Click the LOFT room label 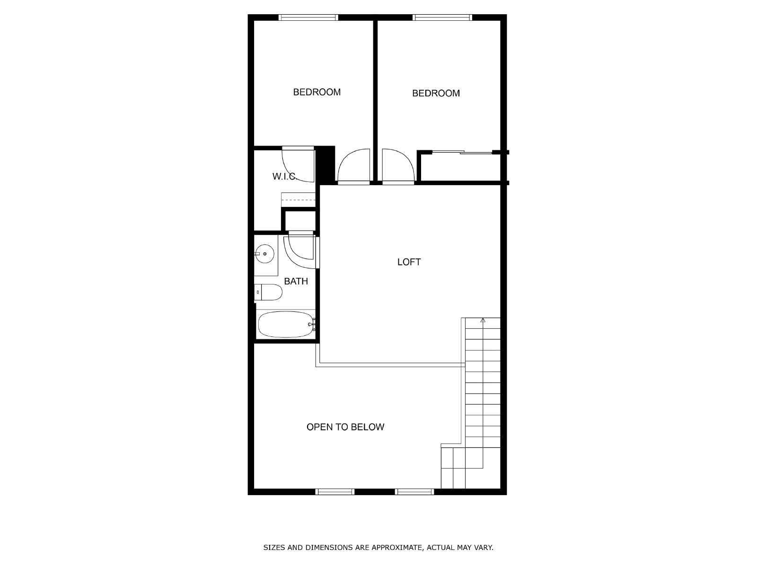tap(409, 262)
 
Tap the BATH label tap(296, 281)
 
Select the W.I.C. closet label tap(284, 176)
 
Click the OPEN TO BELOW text tap(345, 427)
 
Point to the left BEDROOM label tap(317, 92)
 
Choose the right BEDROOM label tap(436, 93)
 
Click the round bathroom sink tap(264, 254)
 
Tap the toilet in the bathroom tap(268, 292)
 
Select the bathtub tap(286, 324)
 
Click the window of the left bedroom tap(308, 17)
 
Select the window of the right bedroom tap(442, 17)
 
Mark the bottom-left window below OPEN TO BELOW tap(335, 492)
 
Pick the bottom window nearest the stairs tap(414, 492)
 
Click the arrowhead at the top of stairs tap(483, 320)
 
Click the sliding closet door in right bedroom tap(462, 152)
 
